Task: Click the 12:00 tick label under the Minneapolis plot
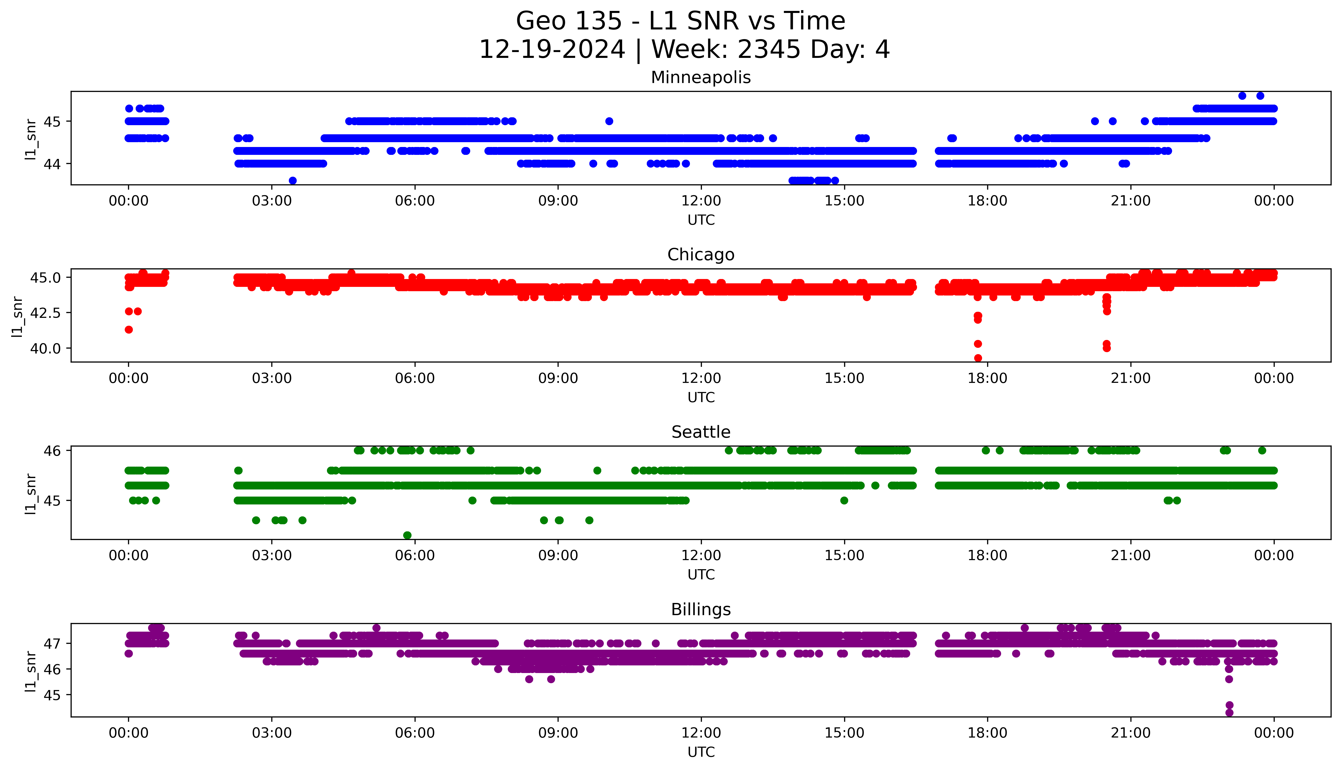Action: [701, 201]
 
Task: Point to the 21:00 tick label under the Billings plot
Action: [1130, 733]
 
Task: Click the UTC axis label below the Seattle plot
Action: [701, 574]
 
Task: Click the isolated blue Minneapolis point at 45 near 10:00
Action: [609, 121]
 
